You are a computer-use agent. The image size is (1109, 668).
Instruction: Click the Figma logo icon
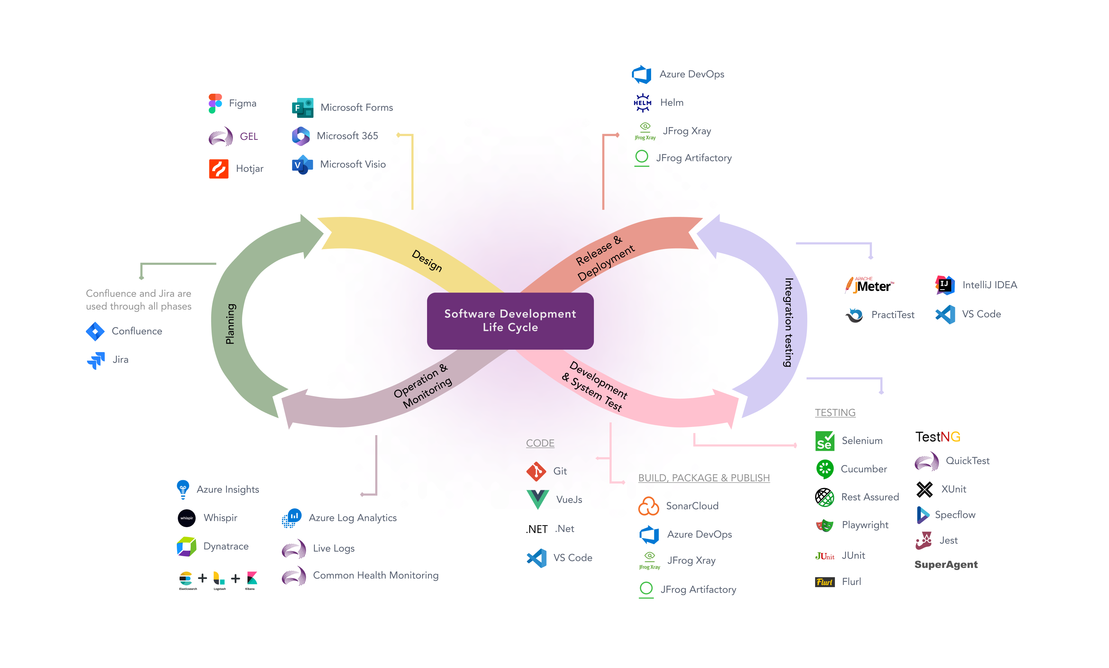pos(215,104)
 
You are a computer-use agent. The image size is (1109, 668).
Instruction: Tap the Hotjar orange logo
pos(219,169)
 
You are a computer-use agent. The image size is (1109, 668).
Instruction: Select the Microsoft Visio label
pos(353,164)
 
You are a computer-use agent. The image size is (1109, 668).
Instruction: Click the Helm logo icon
pos(642,103)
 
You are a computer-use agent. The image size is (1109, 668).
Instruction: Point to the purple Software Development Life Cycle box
pos(510,321)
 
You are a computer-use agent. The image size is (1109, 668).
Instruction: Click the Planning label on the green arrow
pos(230,324)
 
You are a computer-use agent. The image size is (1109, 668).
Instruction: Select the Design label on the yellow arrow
pos(427,260)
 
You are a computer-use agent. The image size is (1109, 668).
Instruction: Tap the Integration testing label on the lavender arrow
pos(788,322)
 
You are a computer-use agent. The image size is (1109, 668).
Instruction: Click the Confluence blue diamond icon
pos(95,331)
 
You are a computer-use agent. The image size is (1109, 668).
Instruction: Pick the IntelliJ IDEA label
pos(989,285)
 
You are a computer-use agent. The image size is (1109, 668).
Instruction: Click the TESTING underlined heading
pos(835,412)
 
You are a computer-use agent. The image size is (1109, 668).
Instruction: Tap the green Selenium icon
pos(825,441)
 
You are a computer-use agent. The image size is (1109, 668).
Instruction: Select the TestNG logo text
pos(938,437)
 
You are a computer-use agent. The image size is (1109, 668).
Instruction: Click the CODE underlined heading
pos(540,443)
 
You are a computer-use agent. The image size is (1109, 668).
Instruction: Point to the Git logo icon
pos(536,471)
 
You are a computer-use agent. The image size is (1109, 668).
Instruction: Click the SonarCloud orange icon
pos(649,506)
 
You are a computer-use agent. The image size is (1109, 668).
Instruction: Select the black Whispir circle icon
pos(186,518)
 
